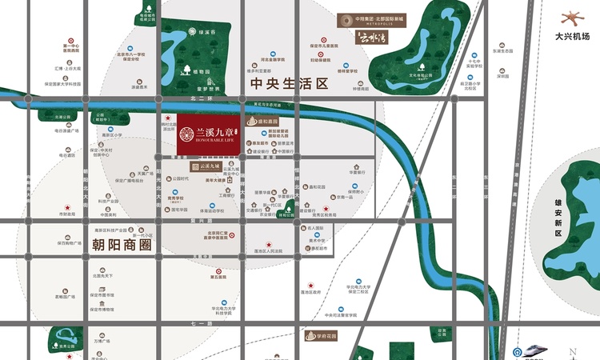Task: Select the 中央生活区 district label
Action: click(x=289, y=83)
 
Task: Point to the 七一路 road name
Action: click(x=198, y=322)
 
